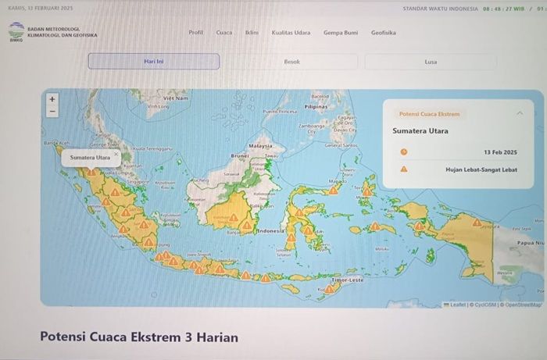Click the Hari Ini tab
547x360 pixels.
coord(153,61)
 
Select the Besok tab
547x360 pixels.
coord(291,61)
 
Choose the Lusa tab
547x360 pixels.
coord(431,61)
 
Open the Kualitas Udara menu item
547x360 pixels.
coord(291,33)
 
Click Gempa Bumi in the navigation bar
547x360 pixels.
coord(340,33)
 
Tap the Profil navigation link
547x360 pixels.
coord(195,33)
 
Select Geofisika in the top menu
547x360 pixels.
coord(383,33)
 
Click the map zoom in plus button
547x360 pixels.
coord(52,99)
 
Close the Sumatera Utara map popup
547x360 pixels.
coord(116,153)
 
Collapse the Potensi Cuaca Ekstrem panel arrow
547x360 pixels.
coord(520,112)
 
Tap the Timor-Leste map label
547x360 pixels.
coord(347,279)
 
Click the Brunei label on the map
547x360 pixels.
coord(239,155)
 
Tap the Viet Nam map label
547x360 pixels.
coord(176,98)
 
